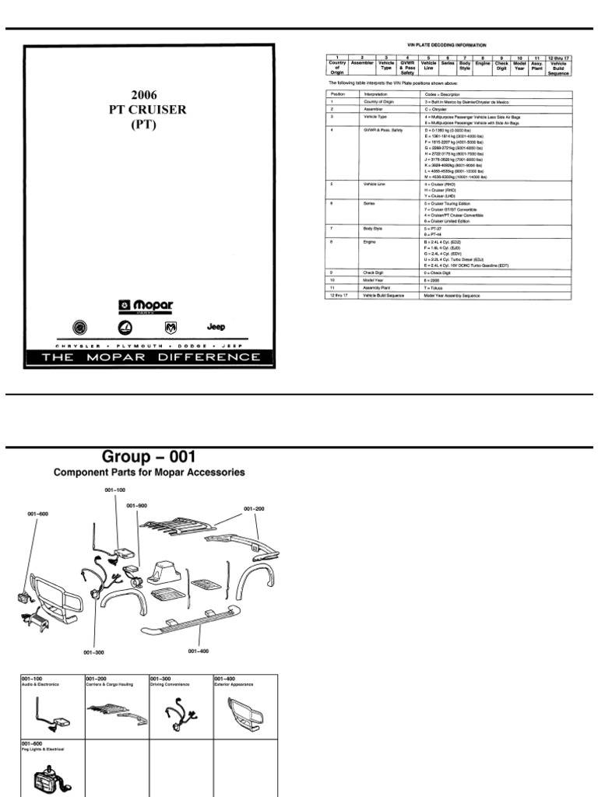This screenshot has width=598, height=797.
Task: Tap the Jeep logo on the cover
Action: tap(216, 327)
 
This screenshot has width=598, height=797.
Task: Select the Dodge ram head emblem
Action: tap(171, 328)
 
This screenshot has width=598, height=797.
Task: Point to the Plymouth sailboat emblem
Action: tap(125, 328)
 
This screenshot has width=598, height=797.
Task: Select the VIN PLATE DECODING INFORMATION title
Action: tap(447, 45)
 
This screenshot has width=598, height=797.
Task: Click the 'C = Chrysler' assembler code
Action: tap(435, 108)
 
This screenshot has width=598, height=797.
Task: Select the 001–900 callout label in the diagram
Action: tap(135, 506)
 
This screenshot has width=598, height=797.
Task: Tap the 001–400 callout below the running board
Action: tap(199, 651)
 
